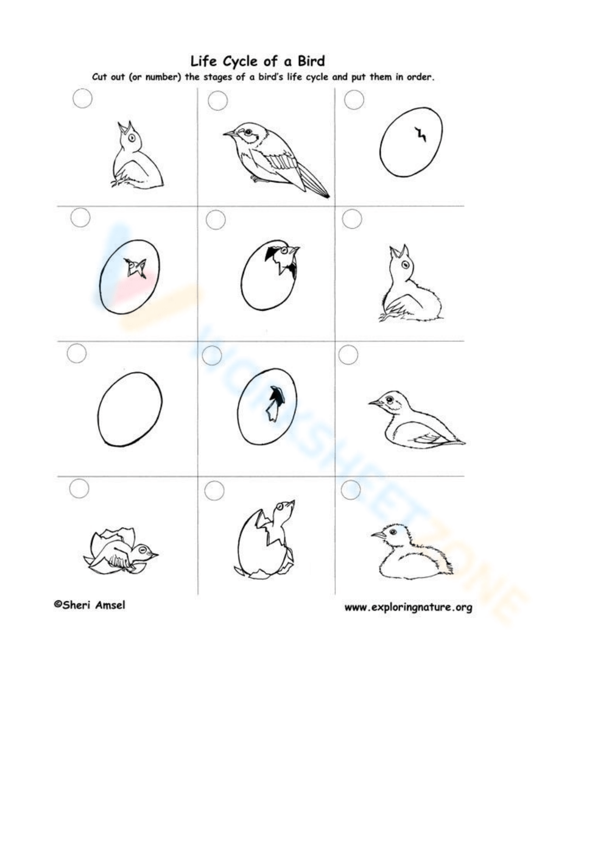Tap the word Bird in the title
pyautogui.click(x=311, y=61)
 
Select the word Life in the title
pyautogui.click(x=203, y=61)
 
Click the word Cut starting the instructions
pyautogui.click(x=100, y=77)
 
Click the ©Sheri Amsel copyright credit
pyautogui.click(x=90, y=605)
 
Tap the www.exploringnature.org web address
pyautogui.click(x=408, y=607)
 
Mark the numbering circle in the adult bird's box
pyautogui.click(x=217, y=101)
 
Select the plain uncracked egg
pyautogui.click(x=130, y=409)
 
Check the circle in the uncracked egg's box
pyautogui.click(x=77, y=353)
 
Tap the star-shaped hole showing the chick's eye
pyautogui.click(x=136, y=267)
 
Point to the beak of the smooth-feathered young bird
pyautogui.click(x=373, y=402)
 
